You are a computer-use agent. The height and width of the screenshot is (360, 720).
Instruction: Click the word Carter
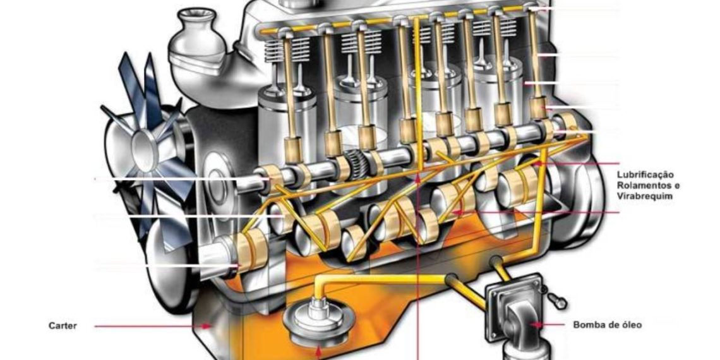click(63, 326)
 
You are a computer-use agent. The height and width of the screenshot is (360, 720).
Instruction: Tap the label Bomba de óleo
click(607, 325)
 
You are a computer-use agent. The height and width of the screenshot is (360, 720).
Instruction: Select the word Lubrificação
click(645, 175)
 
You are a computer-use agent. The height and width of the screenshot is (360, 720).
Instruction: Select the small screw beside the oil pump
click(556, 301)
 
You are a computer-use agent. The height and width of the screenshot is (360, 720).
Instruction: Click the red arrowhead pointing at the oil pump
click(536, 325)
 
